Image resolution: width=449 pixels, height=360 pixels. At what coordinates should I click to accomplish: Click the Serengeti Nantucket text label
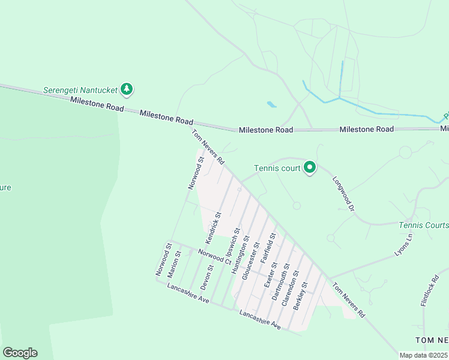tap(80, 91)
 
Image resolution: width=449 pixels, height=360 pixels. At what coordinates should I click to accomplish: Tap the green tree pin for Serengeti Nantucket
tap(126, 89)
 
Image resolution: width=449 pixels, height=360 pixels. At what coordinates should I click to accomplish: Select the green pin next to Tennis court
tap(309, 167)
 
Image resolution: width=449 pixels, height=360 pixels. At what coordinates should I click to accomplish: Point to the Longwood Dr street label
tap(344, 192)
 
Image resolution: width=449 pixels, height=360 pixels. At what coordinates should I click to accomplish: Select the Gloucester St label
tap(251, 261)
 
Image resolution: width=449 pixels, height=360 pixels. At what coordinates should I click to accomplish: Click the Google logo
tap(20, 353)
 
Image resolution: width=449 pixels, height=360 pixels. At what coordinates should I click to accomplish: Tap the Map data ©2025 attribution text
tap(423, 355)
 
